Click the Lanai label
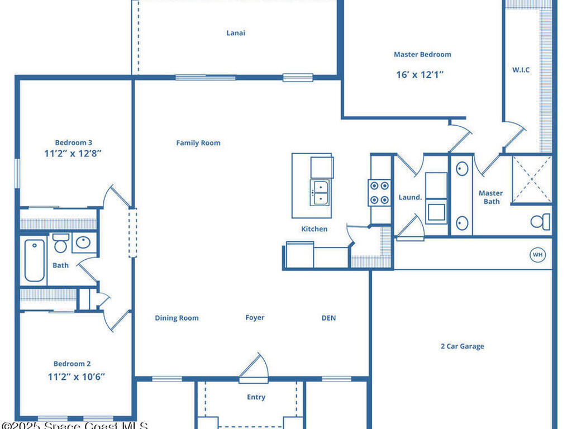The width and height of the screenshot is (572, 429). (x=236, y=33)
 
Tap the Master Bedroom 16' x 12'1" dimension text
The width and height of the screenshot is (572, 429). (x=420, y=74)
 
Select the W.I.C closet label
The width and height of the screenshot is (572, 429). (x=521, y=70)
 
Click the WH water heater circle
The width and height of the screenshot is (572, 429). (x=537, y=255)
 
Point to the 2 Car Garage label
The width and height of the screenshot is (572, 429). (x=462, y=346)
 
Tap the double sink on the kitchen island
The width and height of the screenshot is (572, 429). (x=320, y=192)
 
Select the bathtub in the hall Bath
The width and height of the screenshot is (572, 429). (x=35, y=260)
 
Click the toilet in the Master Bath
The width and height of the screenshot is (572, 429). (x=540, y=222)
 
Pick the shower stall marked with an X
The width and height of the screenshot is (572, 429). (x=531, y=179)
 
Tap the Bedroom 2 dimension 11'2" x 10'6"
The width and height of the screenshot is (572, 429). (x=76, y=376)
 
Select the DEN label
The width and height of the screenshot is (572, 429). (x=328, y=318)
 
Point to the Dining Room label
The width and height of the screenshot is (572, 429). (x=177, y=318)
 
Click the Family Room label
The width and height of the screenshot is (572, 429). (x=198, y=143)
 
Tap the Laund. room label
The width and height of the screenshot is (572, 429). (x=410, y=198)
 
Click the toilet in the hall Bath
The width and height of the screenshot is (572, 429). (x=60, y=244)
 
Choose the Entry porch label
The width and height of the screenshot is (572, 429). (x=256, y=398)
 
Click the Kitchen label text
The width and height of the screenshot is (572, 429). (x=314, y=229)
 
